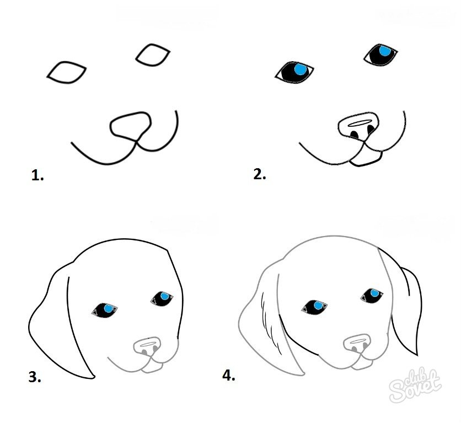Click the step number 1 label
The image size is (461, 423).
coord(37,175)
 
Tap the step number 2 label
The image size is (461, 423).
coord(260,174)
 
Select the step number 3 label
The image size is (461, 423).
coord(35,377)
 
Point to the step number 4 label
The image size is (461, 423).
coord(228,376)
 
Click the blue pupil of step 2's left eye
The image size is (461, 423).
coord(300,69)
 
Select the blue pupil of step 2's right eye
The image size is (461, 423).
coord(384,51)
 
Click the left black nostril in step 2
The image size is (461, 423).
coord(355,135)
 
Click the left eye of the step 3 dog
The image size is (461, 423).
coord(105,310)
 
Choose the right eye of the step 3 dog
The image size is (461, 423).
coord(162,298)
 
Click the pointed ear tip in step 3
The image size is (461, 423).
coord(94,377)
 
